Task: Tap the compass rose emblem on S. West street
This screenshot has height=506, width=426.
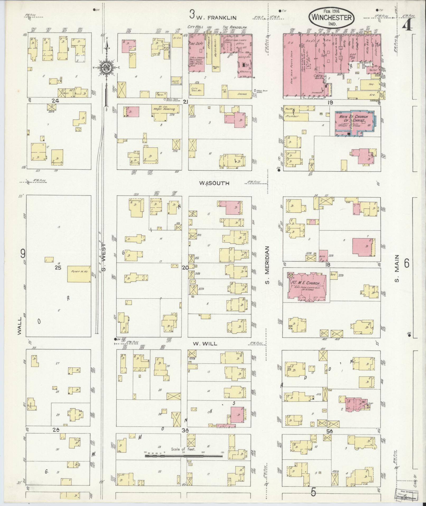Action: tap(106, 68)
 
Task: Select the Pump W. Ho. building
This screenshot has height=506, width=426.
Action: tap(79, 274)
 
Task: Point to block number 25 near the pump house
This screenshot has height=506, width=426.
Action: tap(58, 268)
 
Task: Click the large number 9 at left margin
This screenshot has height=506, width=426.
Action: tap(23, 254)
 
